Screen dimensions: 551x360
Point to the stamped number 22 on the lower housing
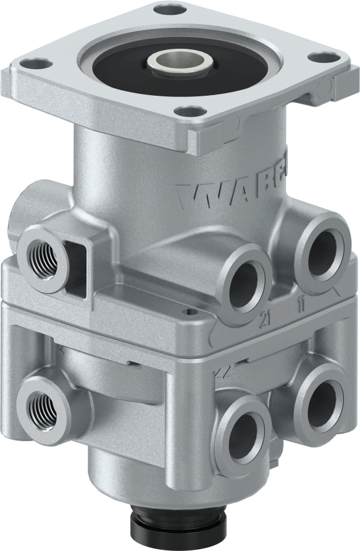(x=217, y=372)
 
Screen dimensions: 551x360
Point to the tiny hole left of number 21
(x=193, y=313)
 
